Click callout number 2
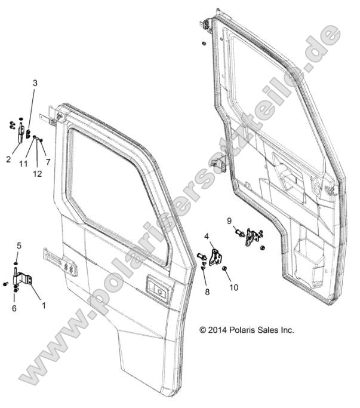[9, 159]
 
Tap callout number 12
[37, 173]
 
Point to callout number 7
[48, 162]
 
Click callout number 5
[19, 245]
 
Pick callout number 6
[14, 308]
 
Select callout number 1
[42, 304]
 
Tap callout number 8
[207, 292]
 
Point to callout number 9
[229, 220]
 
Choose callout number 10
[233, 287]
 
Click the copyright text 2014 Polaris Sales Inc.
[247, 329]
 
